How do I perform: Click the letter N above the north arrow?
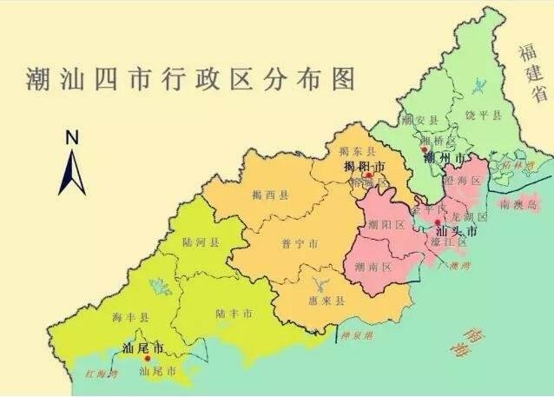tap(73, 136)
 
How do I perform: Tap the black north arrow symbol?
tap(72, 170)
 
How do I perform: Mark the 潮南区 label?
tap(376, 268)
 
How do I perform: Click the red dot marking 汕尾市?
tap(148, 358)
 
